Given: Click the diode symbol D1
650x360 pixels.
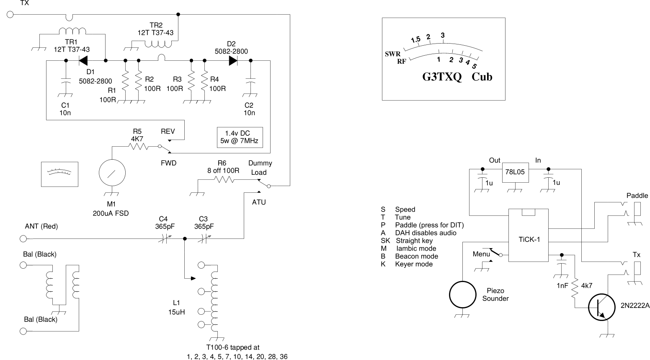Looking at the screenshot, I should pyautogui.click(x=83, y=61).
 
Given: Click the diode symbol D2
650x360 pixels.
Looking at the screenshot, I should pyautogui.click(x=233, y=61).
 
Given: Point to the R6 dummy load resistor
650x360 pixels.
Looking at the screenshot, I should pyautogui.click(x=224, y=179).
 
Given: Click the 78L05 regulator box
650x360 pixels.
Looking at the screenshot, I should pyautogui.click(x=515, y=172).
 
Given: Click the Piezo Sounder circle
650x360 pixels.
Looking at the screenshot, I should pyautogui.click(x=462, y=295).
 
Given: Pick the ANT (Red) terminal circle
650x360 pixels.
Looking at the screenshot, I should pyautogui.click(x=23, y=239).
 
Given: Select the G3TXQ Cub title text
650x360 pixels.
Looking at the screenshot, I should pyautogui.click(x=457, y=77).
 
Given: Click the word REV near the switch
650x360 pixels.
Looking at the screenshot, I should pyautogui.click(x=168, y=131).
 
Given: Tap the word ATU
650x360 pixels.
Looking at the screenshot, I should pyautogui.click(x=259, y=202).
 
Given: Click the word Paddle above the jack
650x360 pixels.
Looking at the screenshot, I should pyautogui.click(x=637, y=196).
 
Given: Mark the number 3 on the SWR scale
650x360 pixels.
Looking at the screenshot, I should pyautogui.click(x=443, y=35).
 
